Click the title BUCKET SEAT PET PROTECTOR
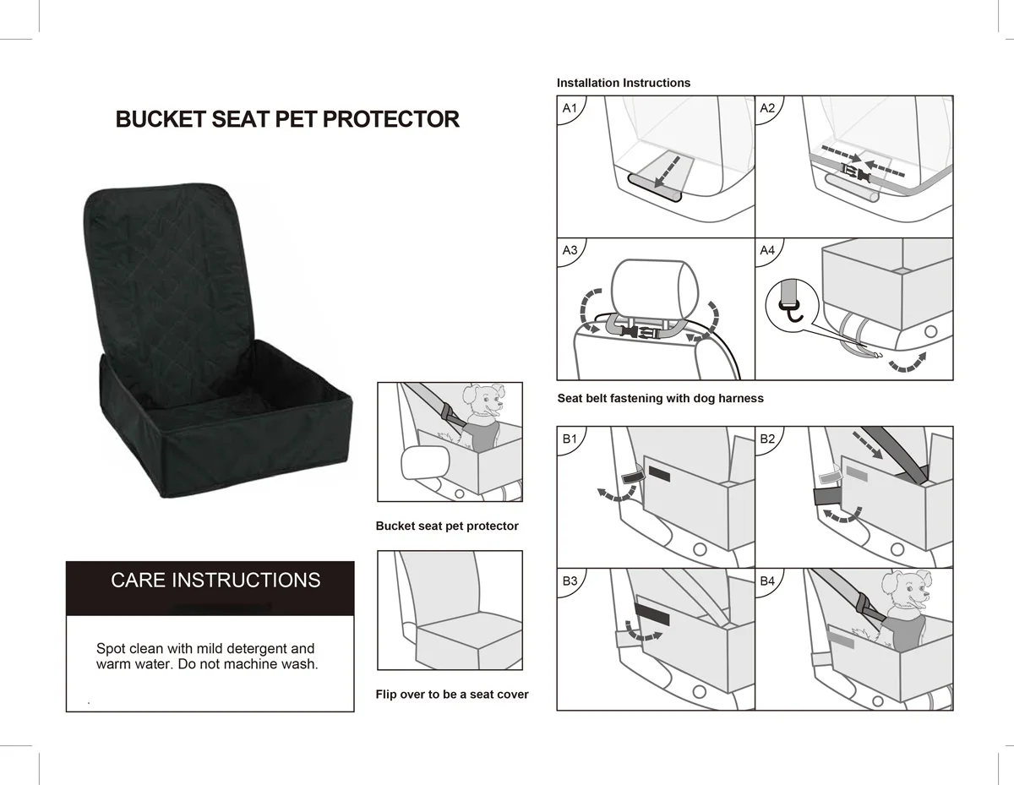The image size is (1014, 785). [287, 119]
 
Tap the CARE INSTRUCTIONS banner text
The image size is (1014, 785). [215, 581]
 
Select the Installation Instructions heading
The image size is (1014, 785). [623, 83]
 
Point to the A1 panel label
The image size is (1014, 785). [570, 108]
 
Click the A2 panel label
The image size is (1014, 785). [767, 108]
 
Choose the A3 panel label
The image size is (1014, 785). [570, 250]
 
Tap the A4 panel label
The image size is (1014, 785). [767, 250]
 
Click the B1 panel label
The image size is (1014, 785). [570, 439]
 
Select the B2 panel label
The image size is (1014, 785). [767, 439]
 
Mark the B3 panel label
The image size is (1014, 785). [570, 581]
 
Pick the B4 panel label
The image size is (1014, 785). [767, 581]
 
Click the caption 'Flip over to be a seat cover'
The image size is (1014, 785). [452, 695]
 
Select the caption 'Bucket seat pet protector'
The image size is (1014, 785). [447, 526]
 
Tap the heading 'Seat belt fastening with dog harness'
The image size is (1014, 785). [660, 398]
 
